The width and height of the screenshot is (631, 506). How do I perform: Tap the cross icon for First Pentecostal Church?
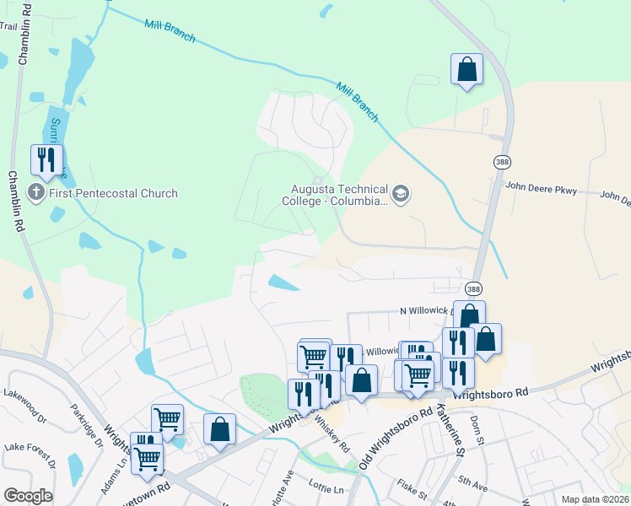pos(36,193)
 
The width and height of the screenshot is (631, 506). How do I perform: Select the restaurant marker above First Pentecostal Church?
pos(47,160)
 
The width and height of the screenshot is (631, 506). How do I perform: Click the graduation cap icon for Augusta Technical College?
pos(400,196)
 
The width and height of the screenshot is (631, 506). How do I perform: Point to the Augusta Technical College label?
pos(334,196)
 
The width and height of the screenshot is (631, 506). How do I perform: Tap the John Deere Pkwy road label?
pos(541,190)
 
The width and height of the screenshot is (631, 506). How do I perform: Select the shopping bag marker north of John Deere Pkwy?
pos(467,70)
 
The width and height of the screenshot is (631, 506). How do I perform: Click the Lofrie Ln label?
pos(327,489)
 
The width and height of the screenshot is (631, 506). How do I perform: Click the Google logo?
pos(28,496)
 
